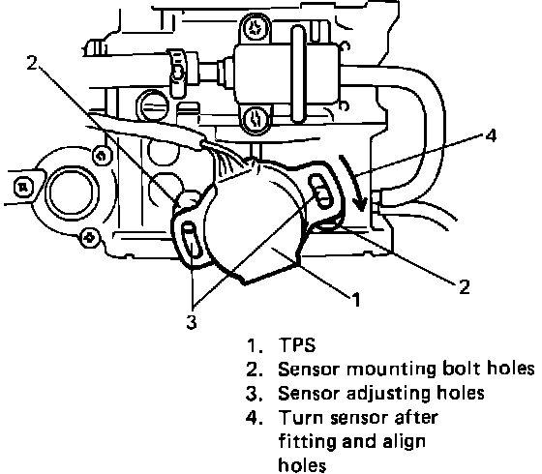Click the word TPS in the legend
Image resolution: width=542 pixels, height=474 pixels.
coord(297,344)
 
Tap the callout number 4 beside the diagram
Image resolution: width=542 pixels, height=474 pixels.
coord(491,135)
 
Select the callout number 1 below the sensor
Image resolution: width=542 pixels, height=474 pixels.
coord(356,299)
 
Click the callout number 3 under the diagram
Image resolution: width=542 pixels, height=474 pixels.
coord(192,321)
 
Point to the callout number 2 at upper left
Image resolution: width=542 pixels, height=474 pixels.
coord(32,62)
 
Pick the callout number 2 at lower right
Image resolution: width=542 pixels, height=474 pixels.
coord(465,286)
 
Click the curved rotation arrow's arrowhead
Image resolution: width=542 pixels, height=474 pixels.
coord(361,204)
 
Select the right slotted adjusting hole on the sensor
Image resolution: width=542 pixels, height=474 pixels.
coord(320,192)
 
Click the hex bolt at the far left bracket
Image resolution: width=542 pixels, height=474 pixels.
coord(23,188)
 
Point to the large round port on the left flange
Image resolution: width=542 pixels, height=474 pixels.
coord(72,193)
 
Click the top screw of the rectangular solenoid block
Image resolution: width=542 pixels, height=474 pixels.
coord(256,28)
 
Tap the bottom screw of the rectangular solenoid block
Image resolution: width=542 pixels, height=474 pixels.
coord(256,118)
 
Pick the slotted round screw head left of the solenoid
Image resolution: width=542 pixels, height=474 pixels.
coord(154,104)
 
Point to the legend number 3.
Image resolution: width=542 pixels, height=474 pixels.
coord(254,394)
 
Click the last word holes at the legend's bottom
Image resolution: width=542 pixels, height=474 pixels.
coord(302,464)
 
